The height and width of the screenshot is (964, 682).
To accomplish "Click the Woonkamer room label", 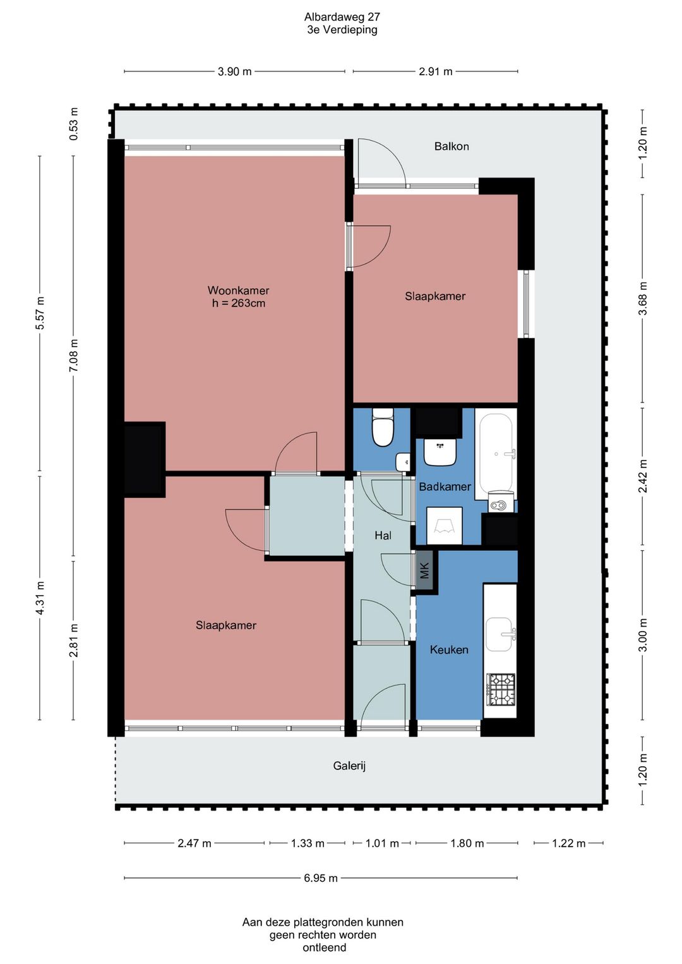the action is tap(238, 290).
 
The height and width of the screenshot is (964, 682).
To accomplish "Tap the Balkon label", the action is tap(452, 147).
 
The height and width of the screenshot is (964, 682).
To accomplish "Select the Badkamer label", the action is tap(445, 486).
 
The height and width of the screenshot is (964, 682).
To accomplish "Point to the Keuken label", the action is tap(449, 649).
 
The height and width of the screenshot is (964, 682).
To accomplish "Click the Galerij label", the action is tap(349, 766).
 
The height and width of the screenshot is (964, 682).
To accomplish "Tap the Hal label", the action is tap(383, 535).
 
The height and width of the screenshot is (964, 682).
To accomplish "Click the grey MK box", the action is tap(424, 571).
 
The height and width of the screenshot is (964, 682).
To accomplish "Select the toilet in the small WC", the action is tap(383, 428).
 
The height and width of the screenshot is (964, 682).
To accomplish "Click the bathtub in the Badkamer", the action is tap(496, 454).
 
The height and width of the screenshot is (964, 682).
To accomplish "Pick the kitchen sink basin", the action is tap(499, 634).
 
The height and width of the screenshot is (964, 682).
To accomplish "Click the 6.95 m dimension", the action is tap(321, 878).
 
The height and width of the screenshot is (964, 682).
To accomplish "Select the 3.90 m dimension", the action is tap(234, 71).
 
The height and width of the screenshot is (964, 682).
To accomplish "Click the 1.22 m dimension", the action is tap(568, 843).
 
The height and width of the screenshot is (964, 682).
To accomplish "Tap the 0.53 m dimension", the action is tap(74, 124).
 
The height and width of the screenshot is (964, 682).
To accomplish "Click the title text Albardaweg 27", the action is tap(342, 17).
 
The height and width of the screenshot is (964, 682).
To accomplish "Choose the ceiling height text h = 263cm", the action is tap(238, 303).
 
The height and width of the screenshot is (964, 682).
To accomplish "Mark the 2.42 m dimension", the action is tap(642, 476).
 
